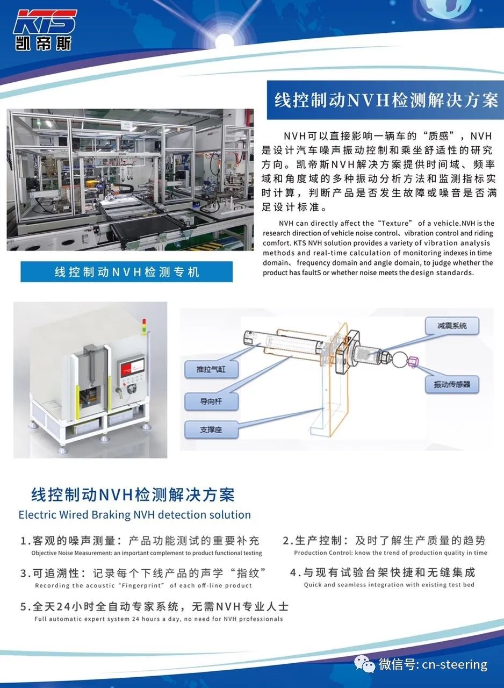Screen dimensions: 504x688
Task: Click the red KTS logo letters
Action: point(45,21)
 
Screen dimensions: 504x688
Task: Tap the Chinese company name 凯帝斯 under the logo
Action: point(44,44)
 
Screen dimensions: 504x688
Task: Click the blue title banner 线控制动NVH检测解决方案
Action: point(385,100)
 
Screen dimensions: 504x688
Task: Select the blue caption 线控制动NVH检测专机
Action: point(126,272)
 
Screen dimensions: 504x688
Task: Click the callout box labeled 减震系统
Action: point(452,326)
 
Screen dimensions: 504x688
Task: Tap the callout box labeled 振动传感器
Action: point(452,384)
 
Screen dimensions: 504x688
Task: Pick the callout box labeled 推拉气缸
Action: point(211,369)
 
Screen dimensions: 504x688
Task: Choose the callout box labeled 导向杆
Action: point(211,401)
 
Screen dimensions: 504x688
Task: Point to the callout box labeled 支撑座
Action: point(211,429)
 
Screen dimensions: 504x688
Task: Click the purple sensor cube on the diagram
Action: point(413,362)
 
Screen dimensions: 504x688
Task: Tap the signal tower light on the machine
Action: point(143,327)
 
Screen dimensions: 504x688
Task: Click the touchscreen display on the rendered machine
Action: point(132,367)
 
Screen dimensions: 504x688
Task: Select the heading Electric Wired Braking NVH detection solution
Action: point(135,514)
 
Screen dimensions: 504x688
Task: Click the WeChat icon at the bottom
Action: point(364,664)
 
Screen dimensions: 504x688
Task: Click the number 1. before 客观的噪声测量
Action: point(25,541)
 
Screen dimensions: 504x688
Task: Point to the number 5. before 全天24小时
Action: point(25,607)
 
